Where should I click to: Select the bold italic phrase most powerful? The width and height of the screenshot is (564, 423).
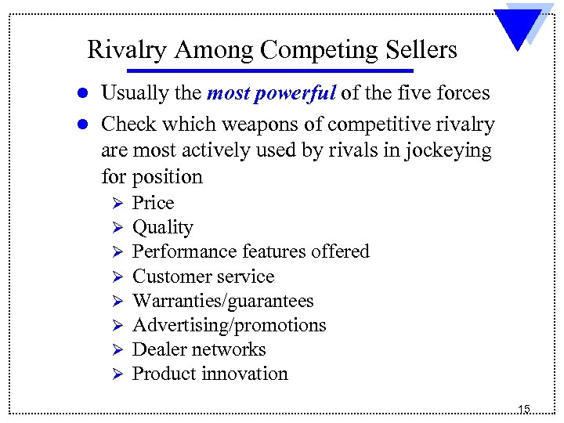tap(271, 93)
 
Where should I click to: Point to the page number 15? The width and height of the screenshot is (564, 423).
tap(523, 409)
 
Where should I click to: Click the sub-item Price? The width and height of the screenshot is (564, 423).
tap(153, 203)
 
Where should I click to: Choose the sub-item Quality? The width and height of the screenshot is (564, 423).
tap(162, 228)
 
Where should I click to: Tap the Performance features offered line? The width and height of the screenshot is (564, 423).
tap(251, 251)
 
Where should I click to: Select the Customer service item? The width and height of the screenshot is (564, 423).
tap(204, 277)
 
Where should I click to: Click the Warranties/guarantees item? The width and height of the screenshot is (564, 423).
tap(222, 301)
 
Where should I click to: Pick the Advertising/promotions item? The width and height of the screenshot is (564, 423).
tap(230, 325)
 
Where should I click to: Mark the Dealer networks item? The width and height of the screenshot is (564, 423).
tap(199, 349)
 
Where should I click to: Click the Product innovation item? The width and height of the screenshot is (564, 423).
tap(210, 374)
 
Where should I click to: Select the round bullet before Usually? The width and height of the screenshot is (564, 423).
tap(87, 94)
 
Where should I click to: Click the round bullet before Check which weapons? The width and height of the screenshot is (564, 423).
tap(87, 125)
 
